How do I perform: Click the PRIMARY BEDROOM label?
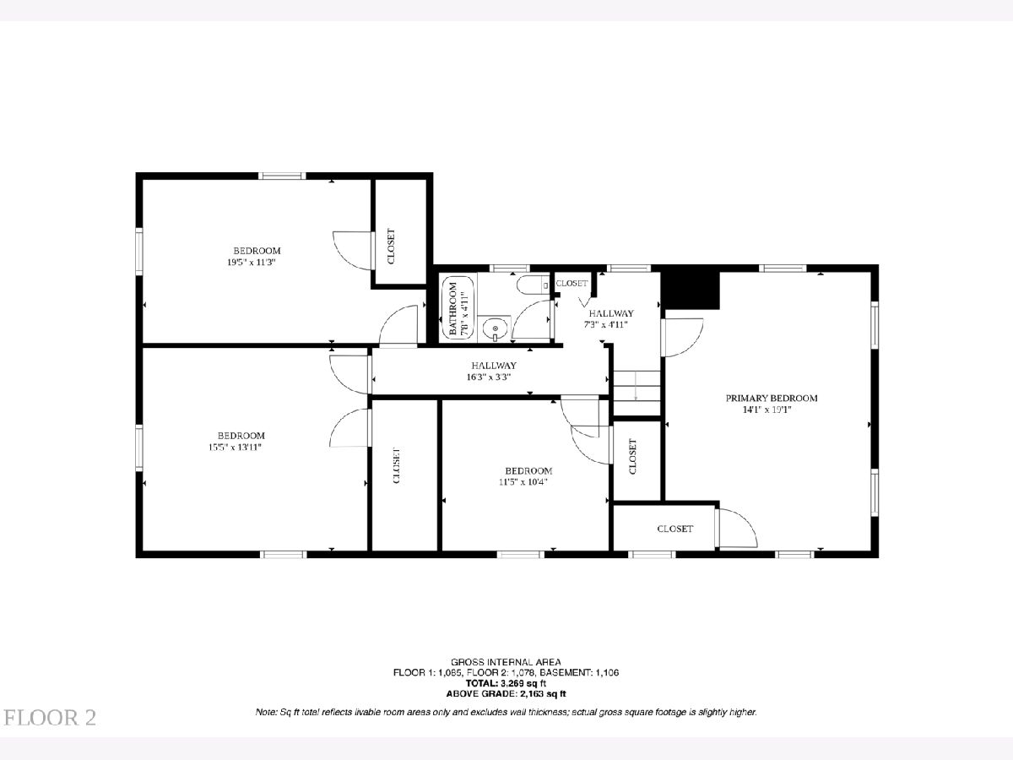click(x=772, y=398)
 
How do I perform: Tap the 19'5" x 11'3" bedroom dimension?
click(x=251, y=262)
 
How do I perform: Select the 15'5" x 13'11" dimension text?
click(x=235, y=447)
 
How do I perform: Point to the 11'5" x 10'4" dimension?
click(x=523, y=481)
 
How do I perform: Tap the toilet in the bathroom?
click(x=533, y=285)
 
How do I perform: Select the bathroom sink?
click(x=495, y=329)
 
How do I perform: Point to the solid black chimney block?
click(x=690, y=290)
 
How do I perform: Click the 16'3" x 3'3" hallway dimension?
click(x=488, y=377)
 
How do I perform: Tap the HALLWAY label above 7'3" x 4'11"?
click(x=611, y=312)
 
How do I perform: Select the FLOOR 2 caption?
click(x=50, y=718)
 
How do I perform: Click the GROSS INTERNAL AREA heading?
click(x=506, y=662)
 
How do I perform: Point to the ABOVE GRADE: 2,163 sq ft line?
click(x=506, y=693)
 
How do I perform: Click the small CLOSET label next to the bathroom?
click(x=572, y=284)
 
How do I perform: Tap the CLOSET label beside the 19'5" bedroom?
click(x=391, y=247)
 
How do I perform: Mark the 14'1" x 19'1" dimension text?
click(x=767, y=410)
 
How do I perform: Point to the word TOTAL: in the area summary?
click(x=482, y=683)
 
